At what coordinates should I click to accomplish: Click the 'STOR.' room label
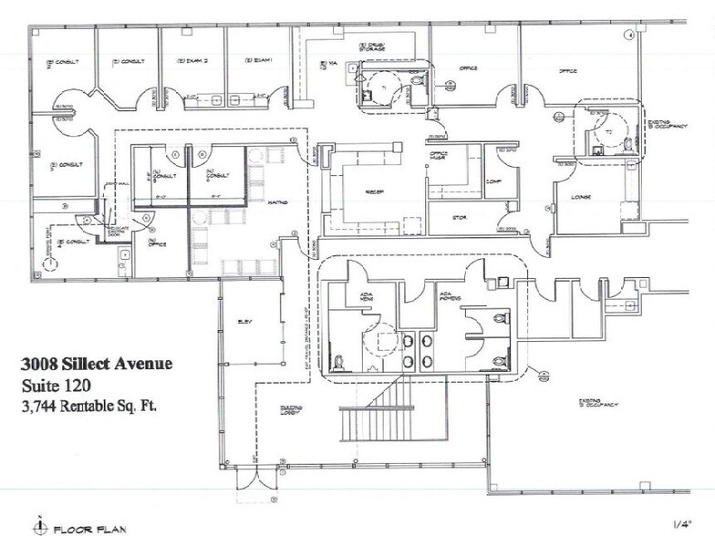pyautogui.click(x=461, y=217)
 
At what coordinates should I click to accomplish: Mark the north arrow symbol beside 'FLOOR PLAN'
pyautogui.click(x=39, y=524)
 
